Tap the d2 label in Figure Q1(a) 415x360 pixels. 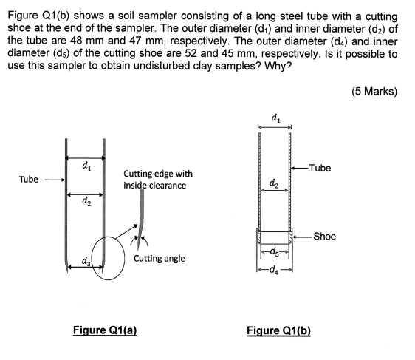click(x=87, y=200)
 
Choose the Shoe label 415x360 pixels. click(x=324, y=237)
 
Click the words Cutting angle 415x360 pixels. click(x=160, y=259)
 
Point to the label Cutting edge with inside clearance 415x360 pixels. click(x=158, y=180)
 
